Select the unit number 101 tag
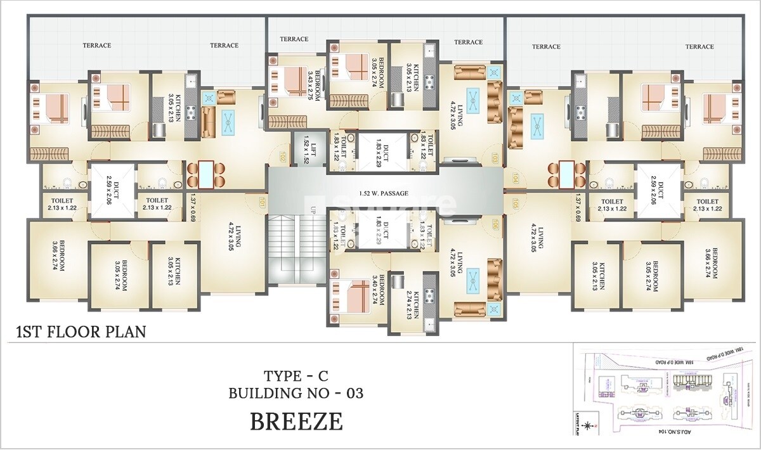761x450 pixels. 261,202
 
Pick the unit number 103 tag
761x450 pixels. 495,156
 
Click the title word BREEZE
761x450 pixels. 296,421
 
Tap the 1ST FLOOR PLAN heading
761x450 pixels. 80,331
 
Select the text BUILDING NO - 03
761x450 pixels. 296,393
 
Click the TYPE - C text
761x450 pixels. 296,375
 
